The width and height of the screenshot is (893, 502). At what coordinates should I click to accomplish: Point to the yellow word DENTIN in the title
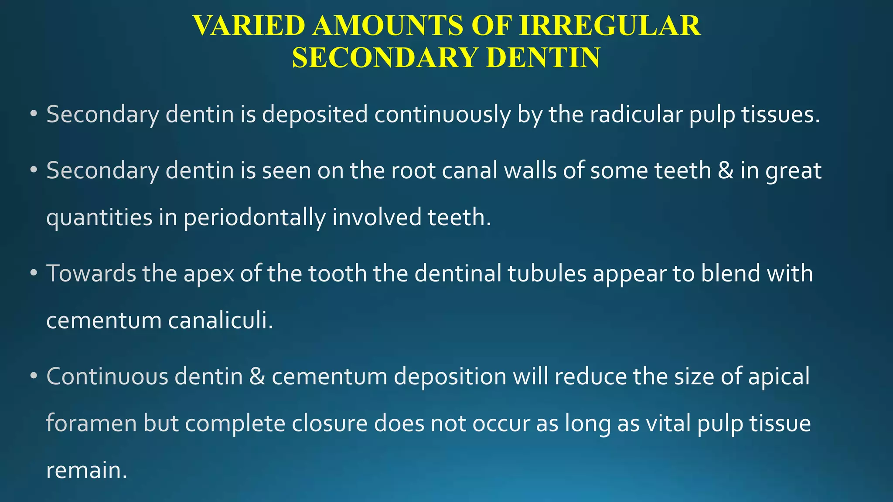tap(543, 58)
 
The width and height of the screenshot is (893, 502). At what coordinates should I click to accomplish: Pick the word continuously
tap(442, 115)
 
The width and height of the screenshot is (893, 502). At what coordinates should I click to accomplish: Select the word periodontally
tap(255, 218)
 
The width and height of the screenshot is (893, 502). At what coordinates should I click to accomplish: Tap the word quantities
tap(99, 218)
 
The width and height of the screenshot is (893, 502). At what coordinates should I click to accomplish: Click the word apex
tap(209, 275)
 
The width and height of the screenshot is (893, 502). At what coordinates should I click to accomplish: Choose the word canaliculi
tap(221, 321)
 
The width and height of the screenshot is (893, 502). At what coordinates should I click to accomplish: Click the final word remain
tap(86, 471)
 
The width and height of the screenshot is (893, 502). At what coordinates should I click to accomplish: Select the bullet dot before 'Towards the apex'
tap(34, 274)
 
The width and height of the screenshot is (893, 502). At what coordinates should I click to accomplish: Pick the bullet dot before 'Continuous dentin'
tap(34, 376)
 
